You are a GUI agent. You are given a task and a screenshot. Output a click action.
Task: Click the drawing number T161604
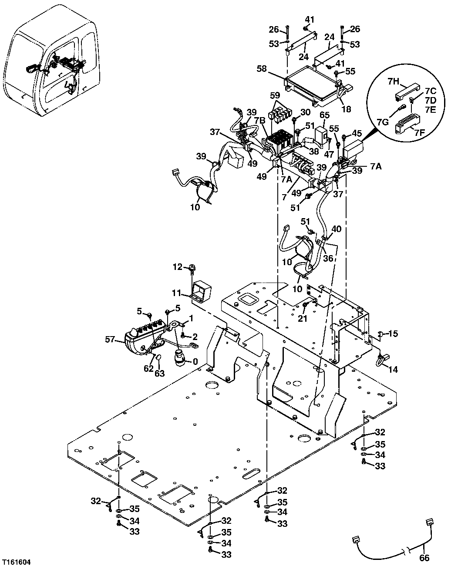[x=17, y=562]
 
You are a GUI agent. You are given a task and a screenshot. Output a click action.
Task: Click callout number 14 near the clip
[x=393, y=370]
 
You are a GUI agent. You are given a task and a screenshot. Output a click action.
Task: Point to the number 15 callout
[x=393, y=334]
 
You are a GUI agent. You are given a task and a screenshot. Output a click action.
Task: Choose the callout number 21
[x=303, y=319]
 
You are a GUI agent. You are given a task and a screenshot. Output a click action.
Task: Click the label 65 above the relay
[x=325, y=115]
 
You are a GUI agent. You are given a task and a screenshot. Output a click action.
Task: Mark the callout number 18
[x=346, y=110]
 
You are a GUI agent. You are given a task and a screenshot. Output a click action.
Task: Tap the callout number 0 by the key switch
[x=195, y=361]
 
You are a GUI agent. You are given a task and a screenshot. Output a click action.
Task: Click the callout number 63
[x=160, y=373]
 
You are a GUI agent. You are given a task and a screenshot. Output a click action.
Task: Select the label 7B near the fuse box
[x=259, y=120]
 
